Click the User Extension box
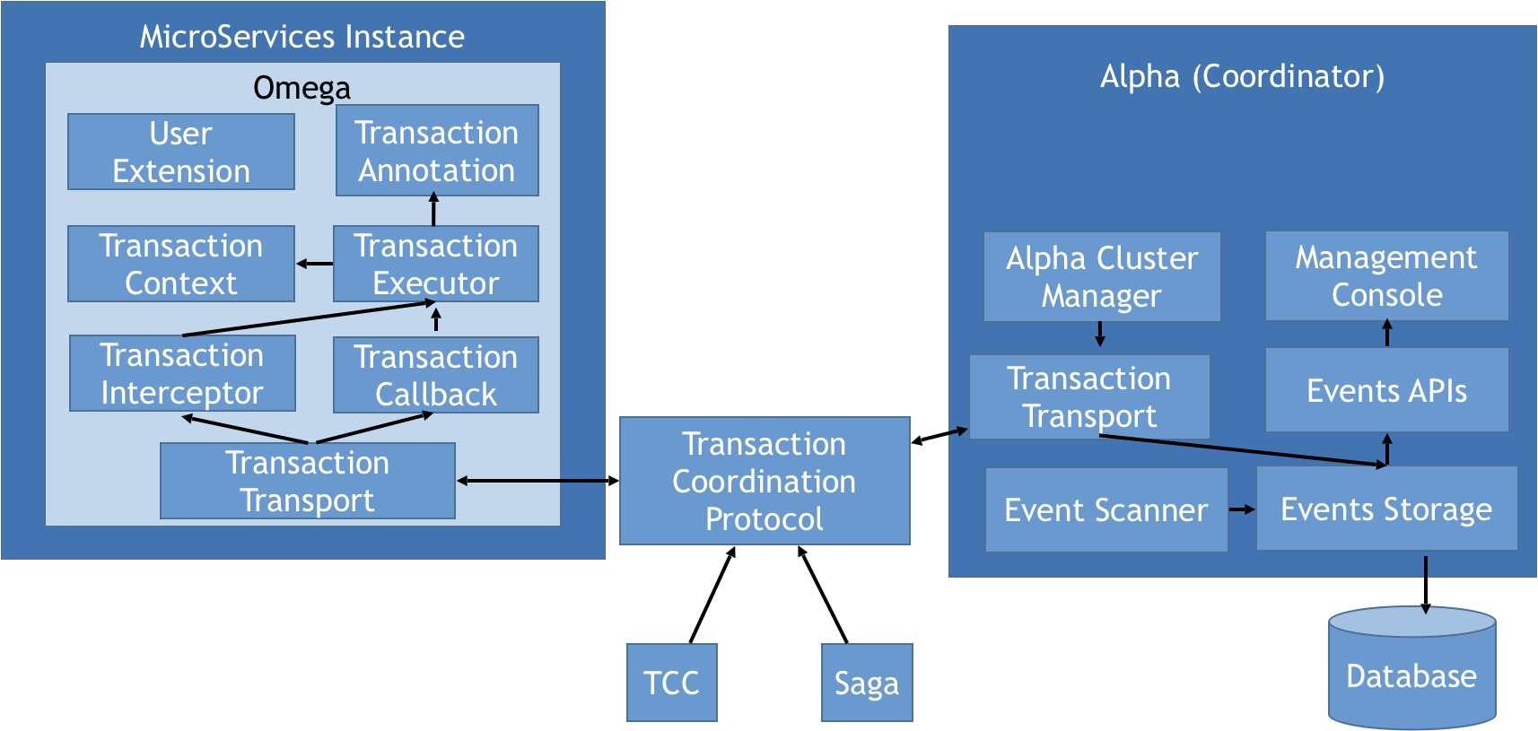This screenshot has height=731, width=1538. pyautogui.click(x=181, y=152)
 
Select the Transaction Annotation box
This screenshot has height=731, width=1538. pyautogui.click(x=437, y=151)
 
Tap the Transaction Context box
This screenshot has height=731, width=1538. pyautogui.click(x=181, y=264)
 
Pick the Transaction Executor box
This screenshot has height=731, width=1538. pyautogui.click(x=436, y=264)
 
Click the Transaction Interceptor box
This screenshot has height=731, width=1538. pyautogui.click(x=182, y=373)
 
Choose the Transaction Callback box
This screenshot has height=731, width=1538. pyautogui.click(x=436, y=375)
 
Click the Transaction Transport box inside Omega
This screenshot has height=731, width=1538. pyautogui.click(x=308, y=481)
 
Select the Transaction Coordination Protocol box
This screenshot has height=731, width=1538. pyautogui.click(x=765, y=481)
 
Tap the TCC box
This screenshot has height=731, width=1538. pyautogui.click(x=672, y=683)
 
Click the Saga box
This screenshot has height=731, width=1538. pyautogui.click(x=867, y=683)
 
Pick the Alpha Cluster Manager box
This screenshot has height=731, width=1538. pyautogui.click(x=1102, y=276)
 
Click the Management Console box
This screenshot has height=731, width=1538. pyautogui.click(x=1386, y=275)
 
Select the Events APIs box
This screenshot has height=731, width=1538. pyautogui.click(x=1386, y=390)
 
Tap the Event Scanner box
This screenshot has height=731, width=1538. pyautogui.click(x=1106, y=509)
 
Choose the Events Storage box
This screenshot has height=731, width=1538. pyautogui.click(x=1386, y=509)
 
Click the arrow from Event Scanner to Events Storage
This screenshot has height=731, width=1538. pyautogui.click(x=1242, y=509)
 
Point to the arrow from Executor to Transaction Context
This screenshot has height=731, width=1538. pyautogui.click(x=314, y=264)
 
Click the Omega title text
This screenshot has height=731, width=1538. pyautogui.click(x=302, y=88)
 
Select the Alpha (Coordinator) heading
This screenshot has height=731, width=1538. pyautogui.click(x=1243, y=76)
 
